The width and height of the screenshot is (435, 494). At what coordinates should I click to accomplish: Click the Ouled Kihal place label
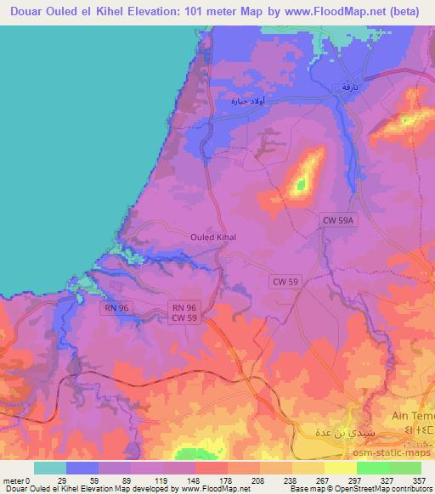213,238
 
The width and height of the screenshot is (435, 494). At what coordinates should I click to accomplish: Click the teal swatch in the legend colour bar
50,468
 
